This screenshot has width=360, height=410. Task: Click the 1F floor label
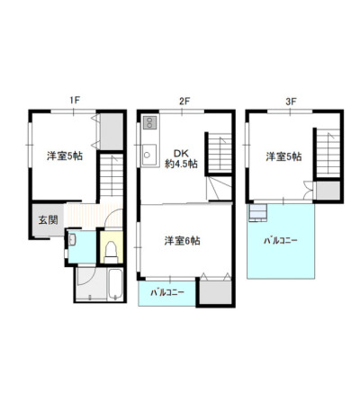click(75, 101)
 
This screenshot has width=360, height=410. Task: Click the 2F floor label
click(184, 102)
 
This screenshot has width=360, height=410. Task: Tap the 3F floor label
click(291, 102)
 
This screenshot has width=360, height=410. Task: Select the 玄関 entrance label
click(48, 220)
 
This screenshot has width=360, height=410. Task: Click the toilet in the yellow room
click(111, 253)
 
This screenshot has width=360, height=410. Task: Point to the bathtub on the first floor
click(115, 283)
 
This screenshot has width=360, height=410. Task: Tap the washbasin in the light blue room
click(72, 239)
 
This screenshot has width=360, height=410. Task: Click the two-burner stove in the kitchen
click(149, 122)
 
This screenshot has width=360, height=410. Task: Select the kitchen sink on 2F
click(148, 155)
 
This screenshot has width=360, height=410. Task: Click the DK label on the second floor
click(181, 154)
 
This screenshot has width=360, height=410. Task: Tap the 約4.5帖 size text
click(181, 164)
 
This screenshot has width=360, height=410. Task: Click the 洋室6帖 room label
click(182, 241)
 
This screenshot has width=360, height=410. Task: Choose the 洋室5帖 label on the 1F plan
click(65, 156)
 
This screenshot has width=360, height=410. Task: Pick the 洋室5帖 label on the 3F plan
click(283, 156)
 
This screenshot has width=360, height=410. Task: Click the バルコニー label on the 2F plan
click(167, 292)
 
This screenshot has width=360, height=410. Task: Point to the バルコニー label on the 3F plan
click(281, 240)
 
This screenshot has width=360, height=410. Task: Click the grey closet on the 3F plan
click(328, 191)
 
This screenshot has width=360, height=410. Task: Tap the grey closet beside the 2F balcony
click(216, 292)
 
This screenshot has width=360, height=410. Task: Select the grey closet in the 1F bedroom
click(112, 131)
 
